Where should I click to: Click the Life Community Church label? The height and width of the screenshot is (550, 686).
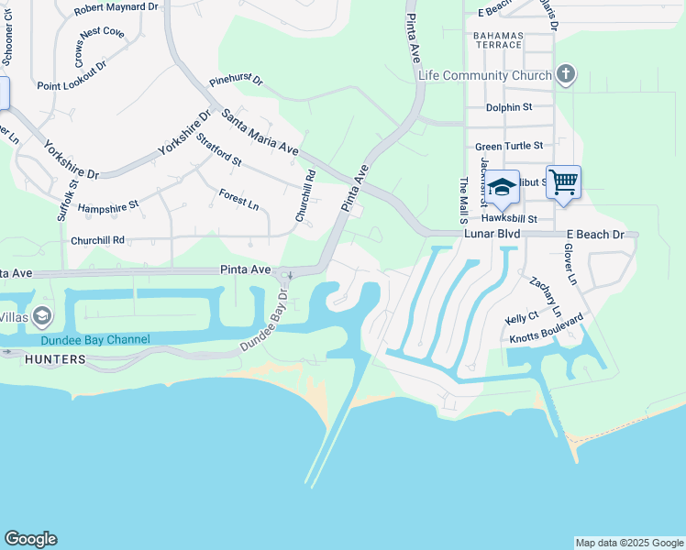[x=484, y=75]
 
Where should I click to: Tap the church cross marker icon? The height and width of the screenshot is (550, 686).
[x=566, y=74]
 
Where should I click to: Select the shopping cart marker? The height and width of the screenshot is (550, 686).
[x=563, y=181]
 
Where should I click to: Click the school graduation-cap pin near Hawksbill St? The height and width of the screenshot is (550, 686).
[x=502, y=188]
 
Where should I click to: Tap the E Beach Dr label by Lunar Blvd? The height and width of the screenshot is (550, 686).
[x=594, y=235]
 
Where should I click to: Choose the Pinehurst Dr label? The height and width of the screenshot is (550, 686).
[x=236, y=81]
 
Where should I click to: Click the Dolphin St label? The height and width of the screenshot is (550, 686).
[x=509, y=107]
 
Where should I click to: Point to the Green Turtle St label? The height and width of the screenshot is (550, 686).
[x=509, y=146]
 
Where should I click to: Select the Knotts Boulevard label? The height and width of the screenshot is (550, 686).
[x=547, y=329]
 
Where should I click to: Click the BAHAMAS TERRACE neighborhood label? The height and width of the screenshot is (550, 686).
[x=499, y=40]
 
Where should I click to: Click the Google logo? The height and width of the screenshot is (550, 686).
[x=30, y=539]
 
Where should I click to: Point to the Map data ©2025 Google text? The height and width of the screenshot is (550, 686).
[x=628, y=543]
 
